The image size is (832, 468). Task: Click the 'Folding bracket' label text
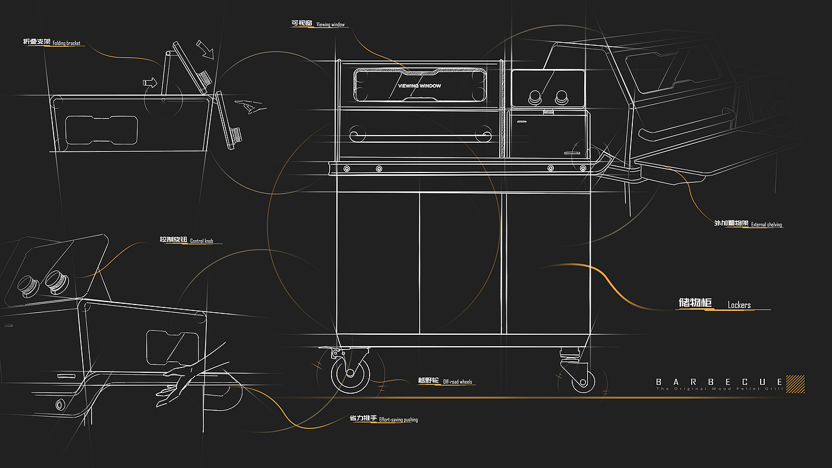[x=66, y=43]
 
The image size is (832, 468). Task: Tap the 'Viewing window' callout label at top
[x=330, y=25]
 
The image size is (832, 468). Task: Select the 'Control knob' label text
[x=201, y=241]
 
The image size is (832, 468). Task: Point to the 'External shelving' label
[x=766, y=225]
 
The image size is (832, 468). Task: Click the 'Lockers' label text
[x=739, y=305]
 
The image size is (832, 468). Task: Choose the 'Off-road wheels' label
[x=458, y=381]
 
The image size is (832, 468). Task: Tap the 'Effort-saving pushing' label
[x=398, y=420]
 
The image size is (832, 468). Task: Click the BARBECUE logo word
[x=719, y=381]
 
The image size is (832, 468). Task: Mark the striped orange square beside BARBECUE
[x=795, y=384]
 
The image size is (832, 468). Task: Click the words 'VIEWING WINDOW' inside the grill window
[x=420, y=86]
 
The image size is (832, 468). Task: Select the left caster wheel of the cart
[x=350, y=373]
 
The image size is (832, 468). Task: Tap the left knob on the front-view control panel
[x=535, y=96]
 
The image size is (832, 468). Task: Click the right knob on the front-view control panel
[x=561, y=96]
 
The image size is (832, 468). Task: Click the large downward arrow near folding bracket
[x=205, y=50]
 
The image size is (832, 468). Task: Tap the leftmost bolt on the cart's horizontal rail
[x=346, y=169]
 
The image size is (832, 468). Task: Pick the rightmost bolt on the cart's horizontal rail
[x=582, y=169]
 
